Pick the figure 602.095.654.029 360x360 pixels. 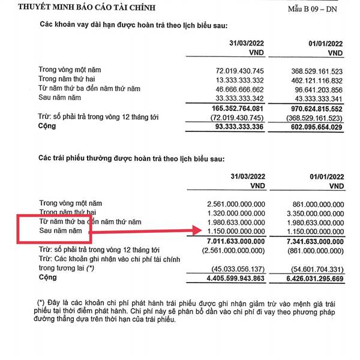point(316,127)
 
